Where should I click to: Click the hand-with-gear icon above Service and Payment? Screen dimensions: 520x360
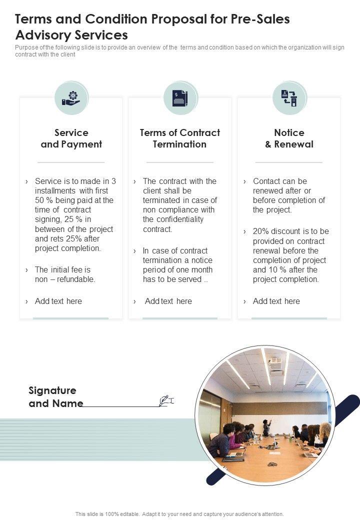coord(71,98)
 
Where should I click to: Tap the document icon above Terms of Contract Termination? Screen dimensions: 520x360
coord(180,98)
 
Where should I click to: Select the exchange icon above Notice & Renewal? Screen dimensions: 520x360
coord(289,98)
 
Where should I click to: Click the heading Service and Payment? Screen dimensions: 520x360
coord(71,138)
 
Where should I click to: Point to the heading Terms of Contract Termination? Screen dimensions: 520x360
coord(180,138)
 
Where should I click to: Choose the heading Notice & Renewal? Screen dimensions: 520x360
coord(289,138)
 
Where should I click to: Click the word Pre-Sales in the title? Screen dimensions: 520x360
coord(259,19)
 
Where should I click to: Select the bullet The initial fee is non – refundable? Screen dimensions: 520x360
coord(65,274)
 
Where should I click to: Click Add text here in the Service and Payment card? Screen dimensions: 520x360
coord(58,301)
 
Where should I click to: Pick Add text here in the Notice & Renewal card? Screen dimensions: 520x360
coord(276,301)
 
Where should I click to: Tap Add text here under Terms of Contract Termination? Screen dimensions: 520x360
coord(168,301)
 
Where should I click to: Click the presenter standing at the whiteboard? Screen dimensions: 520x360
coord(267,427)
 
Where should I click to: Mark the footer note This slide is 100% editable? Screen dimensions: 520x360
coord(179,513)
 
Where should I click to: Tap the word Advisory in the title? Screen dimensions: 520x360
coord(42,35)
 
